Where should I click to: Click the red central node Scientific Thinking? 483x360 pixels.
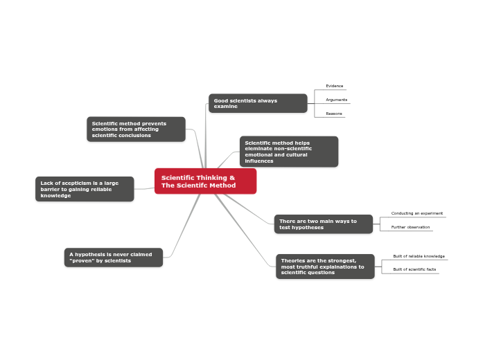point(205,181)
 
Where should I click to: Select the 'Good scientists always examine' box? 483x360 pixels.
point(258,103)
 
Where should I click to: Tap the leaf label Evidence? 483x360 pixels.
point(335,86)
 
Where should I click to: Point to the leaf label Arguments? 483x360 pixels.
point(337,100)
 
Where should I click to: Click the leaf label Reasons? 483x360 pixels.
point(334,114)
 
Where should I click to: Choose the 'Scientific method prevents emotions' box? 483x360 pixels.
point(136,129)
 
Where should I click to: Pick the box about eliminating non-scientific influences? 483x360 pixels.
point(289,152)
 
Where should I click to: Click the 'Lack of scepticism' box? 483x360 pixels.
point(85,189)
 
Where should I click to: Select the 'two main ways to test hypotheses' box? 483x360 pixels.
point(323,224)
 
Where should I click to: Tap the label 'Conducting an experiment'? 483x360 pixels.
point(416,213)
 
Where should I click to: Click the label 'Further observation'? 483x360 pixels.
point(410,227)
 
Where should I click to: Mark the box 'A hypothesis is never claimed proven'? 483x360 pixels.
point(114,258)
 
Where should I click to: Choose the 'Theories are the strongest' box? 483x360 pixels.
point(325,267)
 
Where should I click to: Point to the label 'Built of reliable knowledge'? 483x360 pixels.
point(419,256)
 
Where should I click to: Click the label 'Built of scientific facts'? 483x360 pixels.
point(414,269)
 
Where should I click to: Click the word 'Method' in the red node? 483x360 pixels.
point(223,186)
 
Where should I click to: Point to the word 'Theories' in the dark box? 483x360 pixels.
point(295,260)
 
